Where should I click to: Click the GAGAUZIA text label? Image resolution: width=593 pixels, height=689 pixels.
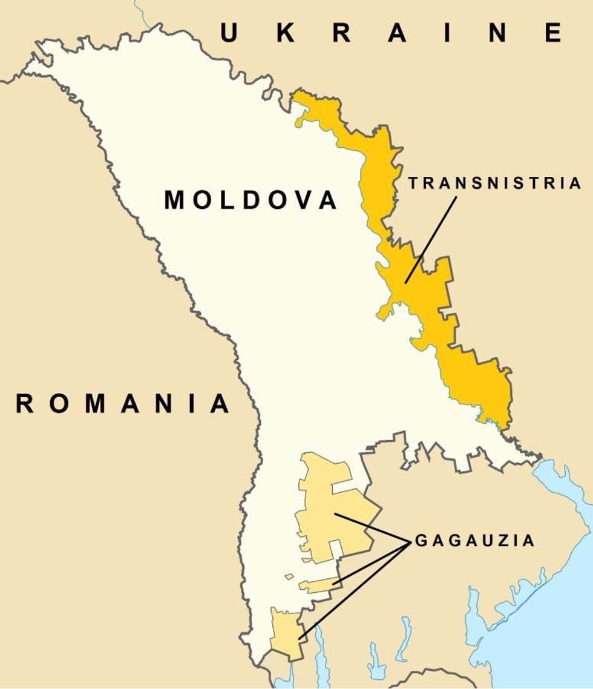(x=475, y=540)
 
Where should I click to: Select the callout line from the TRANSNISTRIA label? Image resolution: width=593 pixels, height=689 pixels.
(x=431, y=239)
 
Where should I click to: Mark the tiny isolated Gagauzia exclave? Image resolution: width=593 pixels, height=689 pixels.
(x=290, y=576)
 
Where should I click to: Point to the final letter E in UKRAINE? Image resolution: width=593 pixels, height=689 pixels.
(x=569, y=33)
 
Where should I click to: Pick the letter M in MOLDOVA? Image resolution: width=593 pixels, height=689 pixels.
(x=176, y=200)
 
